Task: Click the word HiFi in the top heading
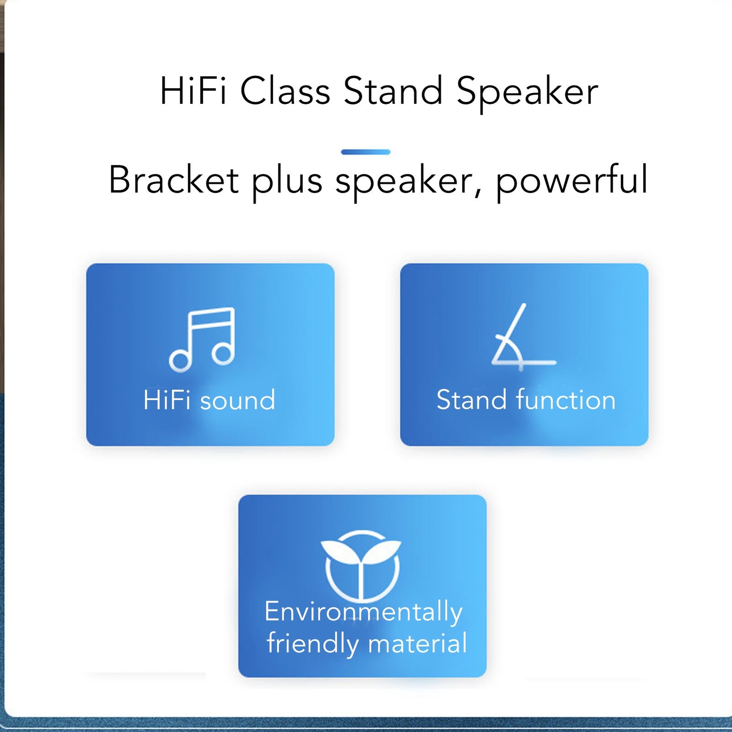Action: (x=193, y=91)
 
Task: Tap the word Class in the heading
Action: (x=285, y=91)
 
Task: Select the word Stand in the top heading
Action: (x=393, y=91)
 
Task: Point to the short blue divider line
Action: (x=366, y=152)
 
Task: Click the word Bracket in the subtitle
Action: (x=173, y=179)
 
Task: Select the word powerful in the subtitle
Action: (x=572, y=182)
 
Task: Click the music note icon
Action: (x=202, y=339)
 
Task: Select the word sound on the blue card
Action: (x=238, y=400)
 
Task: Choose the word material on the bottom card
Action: (x=418, y=643)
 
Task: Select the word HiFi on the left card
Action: (x=167, y=400)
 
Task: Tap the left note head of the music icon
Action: (x=180, y=361)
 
